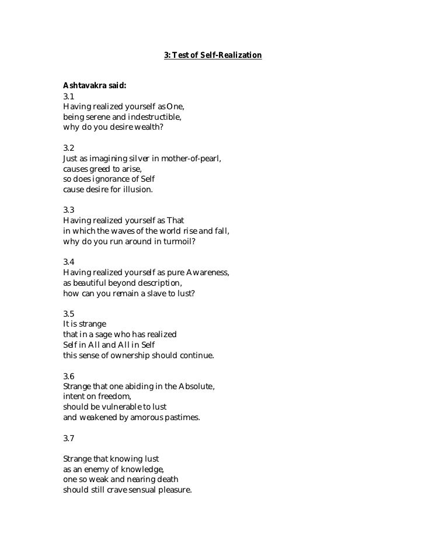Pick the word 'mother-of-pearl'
pyautogui.click(x=192, y=159)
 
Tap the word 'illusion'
pyautogui.click(x=133, y=189)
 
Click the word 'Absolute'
pyautogui.click(x=193, y=387)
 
